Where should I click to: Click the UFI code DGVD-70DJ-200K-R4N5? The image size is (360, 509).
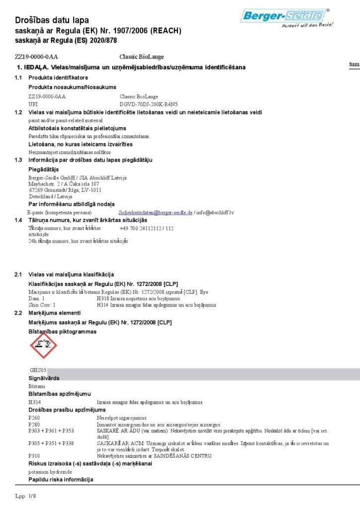click(148, 104)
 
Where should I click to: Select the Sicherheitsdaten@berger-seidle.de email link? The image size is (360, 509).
click(156, 212)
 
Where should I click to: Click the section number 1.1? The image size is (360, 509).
click(18, 78)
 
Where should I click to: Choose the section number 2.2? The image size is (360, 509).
click(18, 313)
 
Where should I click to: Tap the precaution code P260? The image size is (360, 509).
click(34, 418)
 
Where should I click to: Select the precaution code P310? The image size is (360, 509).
click(34, 456)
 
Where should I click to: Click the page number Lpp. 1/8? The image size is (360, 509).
click(26, 496)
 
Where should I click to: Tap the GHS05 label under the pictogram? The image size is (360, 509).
click(38, 370)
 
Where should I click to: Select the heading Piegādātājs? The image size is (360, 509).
click(44, 169)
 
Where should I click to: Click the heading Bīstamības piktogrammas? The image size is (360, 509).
click(62, 331)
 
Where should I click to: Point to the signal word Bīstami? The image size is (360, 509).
click(37, 386)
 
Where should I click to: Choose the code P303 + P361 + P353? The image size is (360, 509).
click(51, 430)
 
